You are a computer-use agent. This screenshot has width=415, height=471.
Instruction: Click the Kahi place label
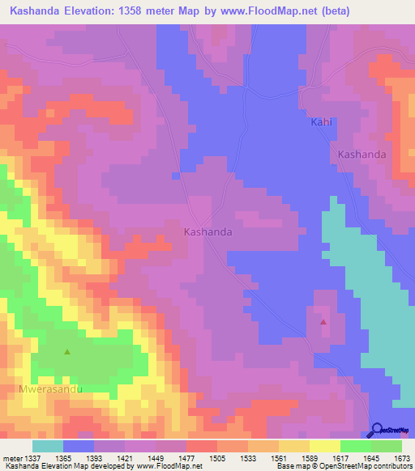(x=322, y=122)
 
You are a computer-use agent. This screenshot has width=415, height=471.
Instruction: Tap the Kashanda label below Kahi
(x=361, y=154)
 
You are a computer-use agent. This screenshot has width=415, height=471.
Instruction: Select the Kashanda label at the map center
(x=208, y=231)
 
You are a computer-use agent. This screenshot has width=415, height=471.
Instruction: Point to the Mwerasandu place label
(x=50, y=388)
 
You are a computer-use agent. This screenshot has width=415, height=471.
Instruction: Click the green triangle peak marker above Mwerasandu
(x=67, y=352)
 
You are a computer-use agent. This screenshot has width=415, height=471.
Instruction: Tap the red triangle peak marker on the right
(x=323, y=322)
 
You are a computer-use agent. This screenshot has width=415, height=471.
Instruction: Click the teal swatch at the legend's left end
(x=47, y=446)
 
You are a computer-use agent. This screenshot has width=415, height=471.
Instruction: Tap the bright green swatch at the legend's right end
(x=387, y=446)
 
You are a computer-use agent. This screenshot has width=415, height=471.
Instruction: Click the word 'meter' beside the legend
(x=11, y=458)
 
